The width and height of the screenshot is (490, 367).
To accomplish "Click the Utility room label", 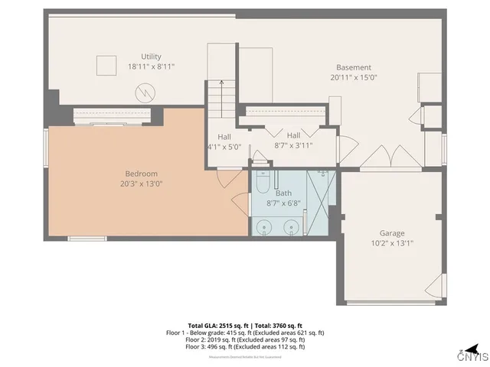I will click(x=152, y=57).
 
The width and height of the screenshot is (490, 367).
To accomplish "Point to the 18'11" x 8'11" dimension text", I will click(x=152, y=67).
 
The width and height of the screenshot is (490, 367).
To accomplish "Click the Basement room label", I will click(x=354, y=67).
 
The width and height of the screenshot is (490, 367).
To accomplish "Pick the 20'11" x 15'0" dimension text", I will click(x=354, y=77).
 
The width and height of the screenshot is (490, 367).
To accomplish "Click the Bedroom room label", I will click(x=142, y=174).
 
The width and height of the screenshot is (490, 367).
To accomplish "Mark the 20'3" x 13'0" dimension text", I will click(x=142, y=183).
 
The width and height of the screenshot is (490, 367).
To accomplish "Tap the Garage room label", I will click(x=392, y=233).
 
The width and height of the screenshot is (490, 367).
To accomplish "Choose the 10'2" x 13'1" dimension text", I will click(x=392, y=244).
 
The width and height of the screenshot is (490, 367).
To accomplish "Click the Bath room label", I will click(x=284, y=193).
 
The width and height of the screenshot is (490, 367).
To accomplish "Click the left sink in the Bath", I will click(x=263, y=226).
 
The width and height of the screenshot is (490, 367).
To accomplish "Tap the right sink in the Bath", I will click(x=292, y=226).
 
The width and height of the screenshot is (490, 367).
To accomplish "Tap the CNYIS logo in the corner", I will click(x=472, y=355).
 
